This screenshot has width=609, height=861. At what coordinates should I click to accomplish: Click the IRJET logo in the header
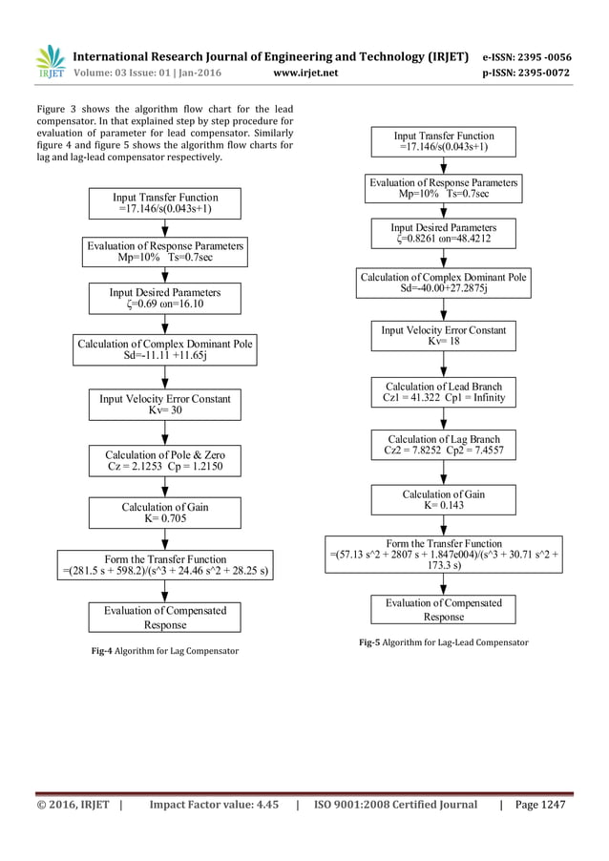tap(49, 62)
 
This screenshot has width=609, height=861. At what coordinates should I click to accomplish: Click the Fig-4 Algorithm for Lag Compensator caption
tap(164, 651)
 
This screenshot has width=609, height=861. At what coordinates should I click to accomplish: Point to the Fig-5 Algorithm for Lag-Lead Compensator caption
tap(444, 642)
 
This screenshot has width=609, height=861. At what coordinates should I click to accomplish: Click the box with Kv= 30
tap(165, 405)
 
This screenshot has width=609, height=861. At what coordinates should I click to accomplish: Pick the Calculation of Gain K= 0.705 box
tap(165, 513)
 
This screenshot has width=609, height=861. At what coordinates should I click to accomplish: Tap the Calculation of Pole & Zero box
tap(165, 461)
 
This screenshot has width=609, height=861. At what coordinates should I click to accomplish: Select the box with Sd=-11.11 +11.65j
tap(165, 349)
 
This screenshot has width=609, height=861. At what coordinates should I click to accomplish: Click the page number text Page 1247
tap(539, 805)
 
